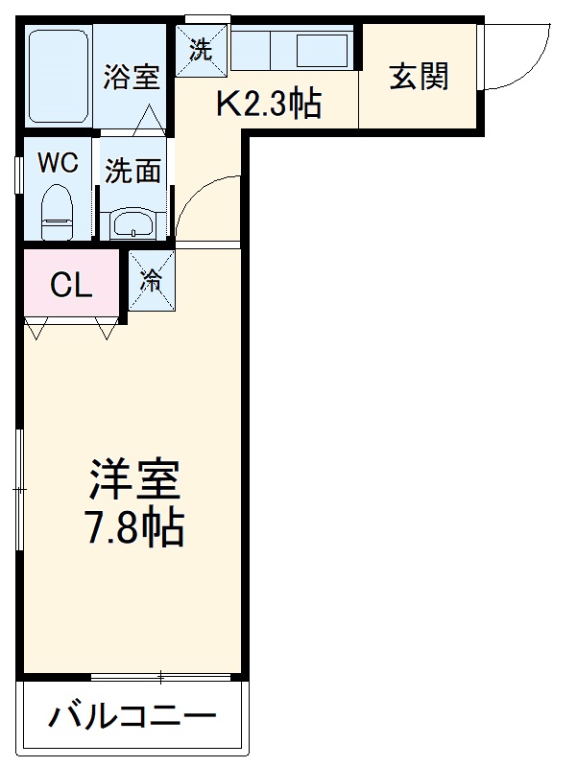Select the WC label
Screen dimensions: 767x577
[57, 162]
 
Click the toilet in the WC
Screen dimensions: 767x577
[59, 212]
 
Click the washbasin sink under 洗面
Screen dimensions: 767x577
[132, 223]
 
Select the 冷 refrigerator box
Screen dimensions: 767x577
[152, 280]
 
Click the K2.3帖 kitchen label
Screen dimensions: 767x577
[268, 105]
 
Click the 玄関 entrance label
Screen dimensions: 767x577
[419, 76]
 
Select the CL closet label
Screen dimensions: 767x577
[71, 285]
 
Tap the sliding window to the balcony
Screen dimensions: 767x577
[160, 677]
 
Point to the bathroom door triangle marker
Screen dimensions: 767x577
[148, 121]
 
